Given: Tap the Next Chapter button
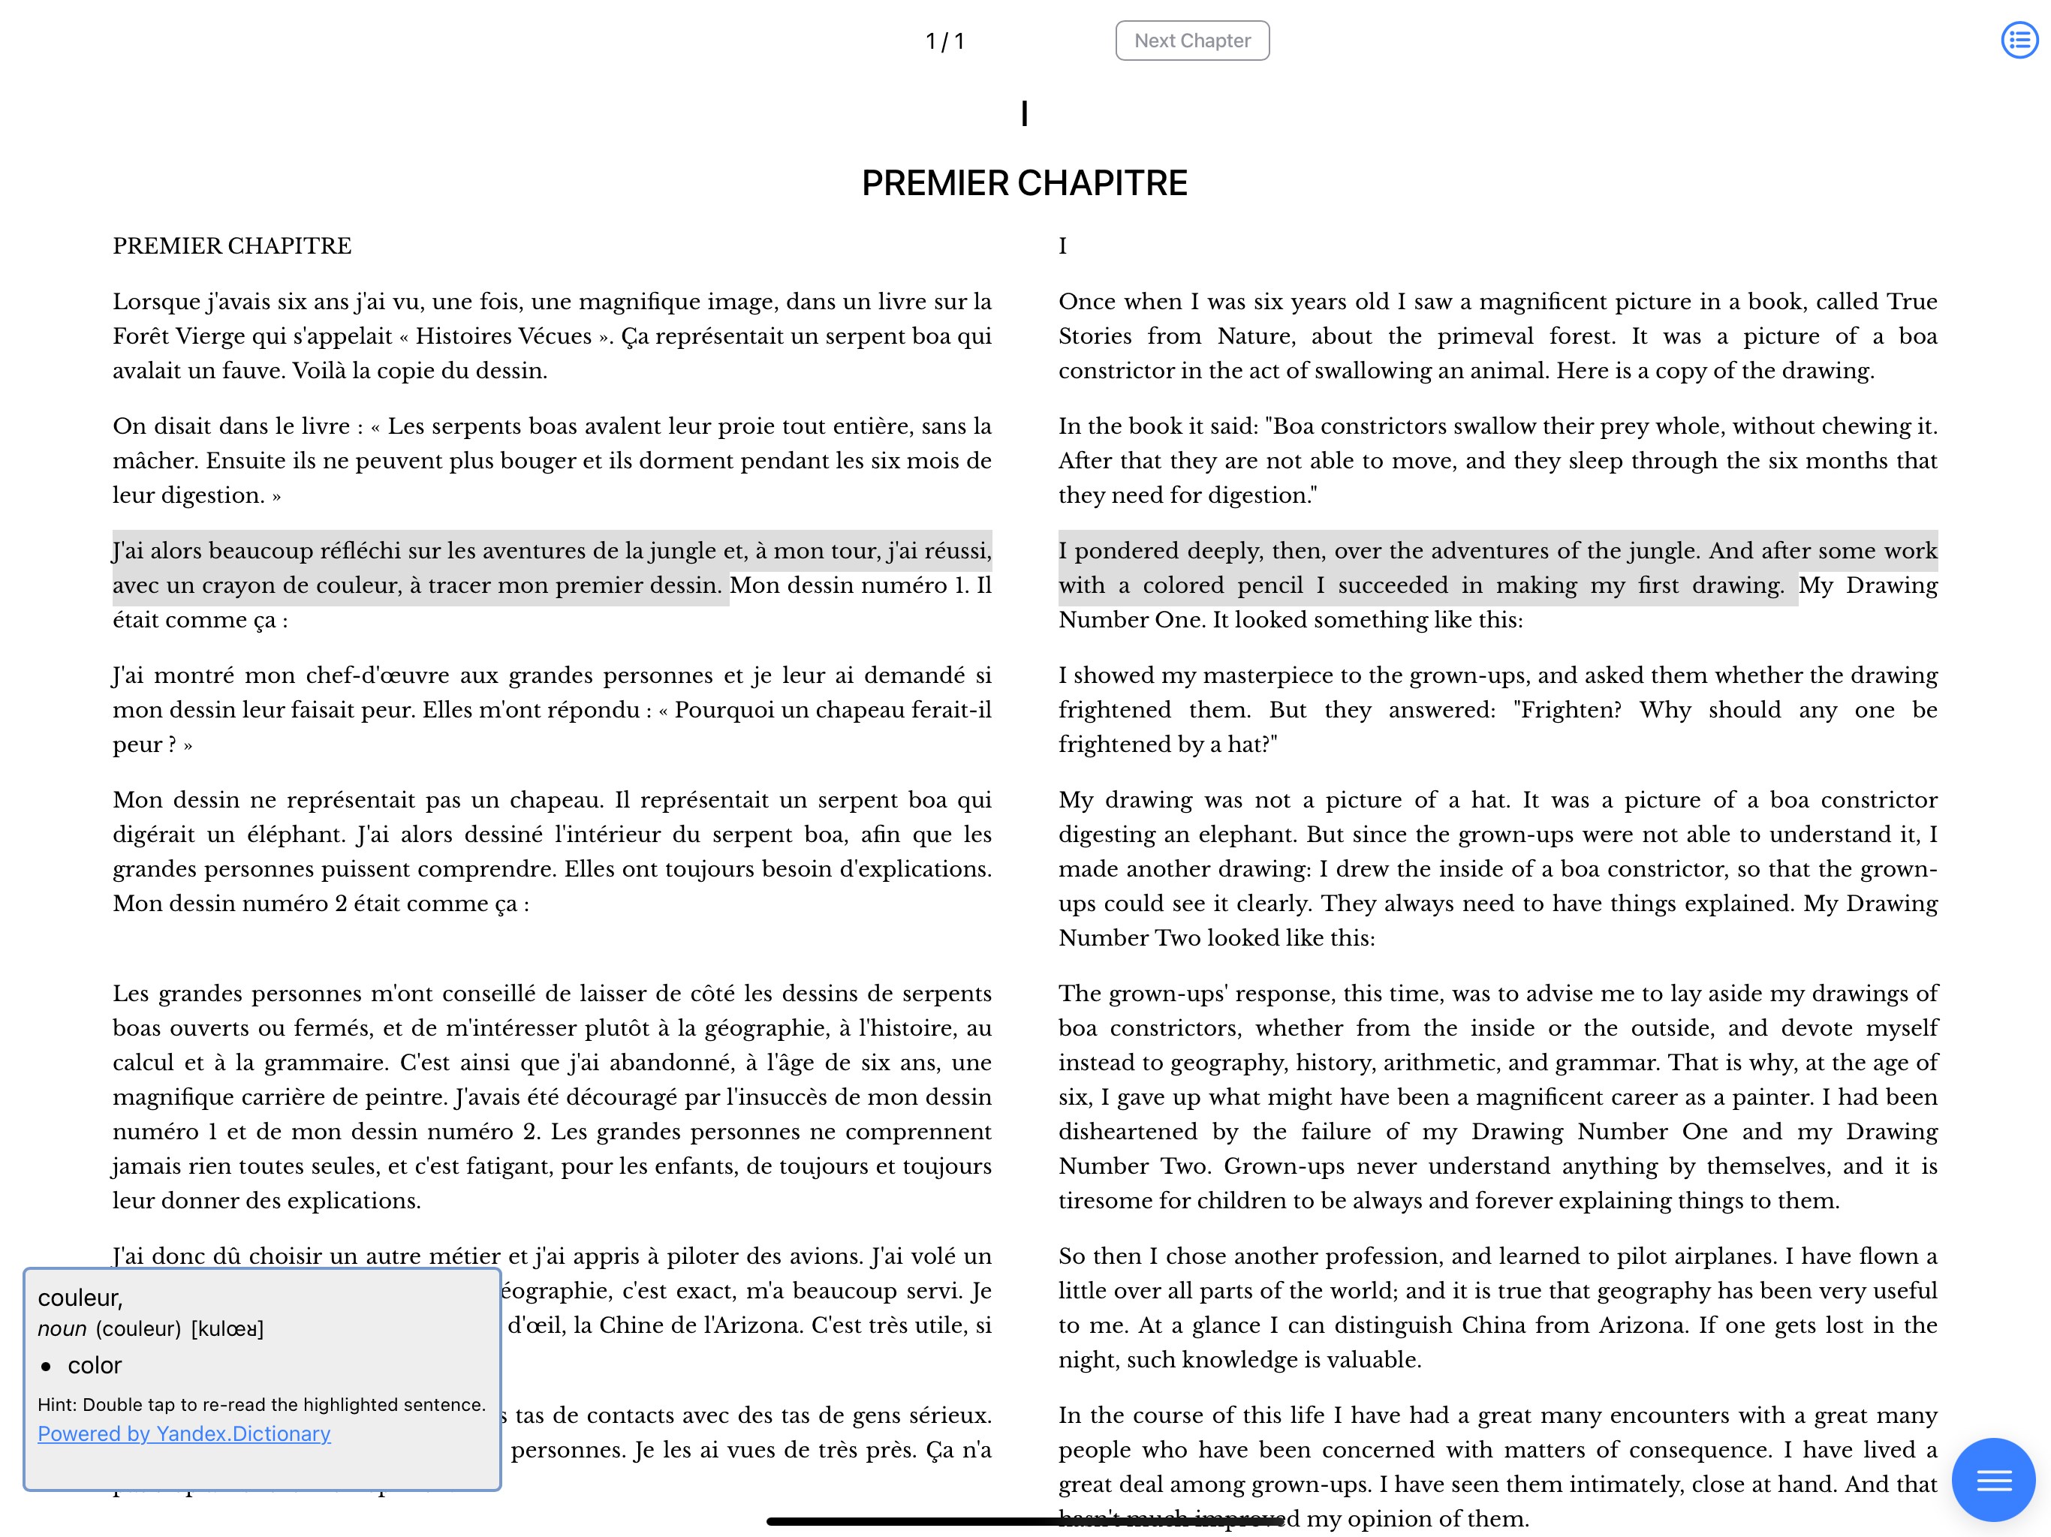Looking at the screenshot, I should pyautogui.click(x=1191, y=41).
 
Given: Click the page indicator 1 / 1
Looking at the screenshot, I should pyautogui.click(x=945, y=42).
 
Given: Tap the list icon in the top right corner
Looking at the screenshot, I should pyautogui.click(x=2019, y=40).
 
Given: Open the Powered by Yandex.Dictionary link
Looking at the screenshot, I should pyautogui.click(x=184, y=1433).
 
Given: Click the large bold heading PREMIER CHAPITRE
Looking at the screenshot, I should pyautogui.click(x=1024, y=184).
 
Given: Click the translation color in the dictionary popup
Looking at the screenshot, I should pyautogui.click(x=95, y=1365).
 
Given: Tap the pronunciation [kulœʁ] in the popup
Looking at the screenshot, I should pyautogui.click(x=227, y=1329).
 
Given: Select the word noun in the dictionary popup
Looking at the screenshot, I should pyautogui.click(x=62, y=1329).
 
